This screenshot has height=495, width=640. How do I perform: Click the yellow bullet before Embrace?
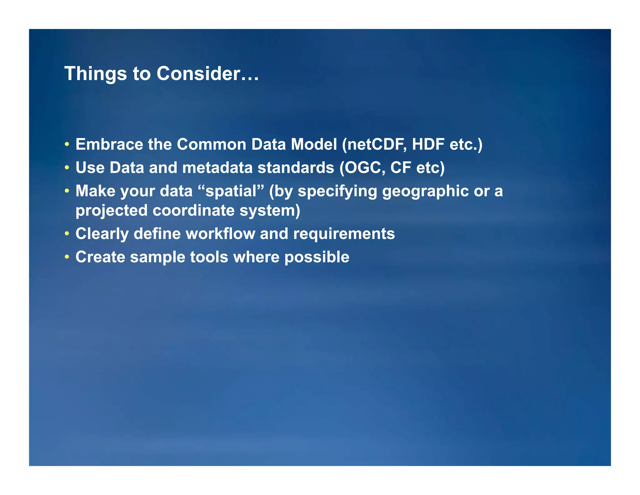pyautogui.click(x=67, y=145)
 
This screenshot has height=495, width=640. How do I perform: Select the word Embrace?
pyautogui.click(x=109, y=145)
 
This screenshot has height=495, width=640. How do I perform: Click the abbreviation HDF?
pyautogui.click(x=428, y=145)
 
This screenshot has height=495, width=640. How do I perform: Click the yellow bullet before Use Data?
pyautogui.click(x=67, y=168)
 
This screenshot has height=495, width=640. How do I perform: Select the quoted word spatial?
pyautogui.click(x=231, y=191)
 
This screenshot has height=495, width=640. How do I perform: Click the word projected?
pyautogui.click(x=112, y=211)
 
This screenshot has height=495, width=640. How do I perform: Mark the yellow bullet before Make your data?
pyautogui.click(x=67, y=191)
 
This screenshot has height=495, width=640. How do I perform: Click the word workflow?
pyautogui.click(x=220, y=234)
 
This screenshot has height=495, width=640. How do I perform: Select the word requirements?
pyautogui.click(x=344, y=234)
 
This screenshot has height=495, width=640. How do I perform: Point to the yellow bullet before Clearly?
pyautogui.click(x=67, y=234)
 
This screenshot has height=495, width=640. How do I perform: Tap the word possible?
pyautogui.click(x=317, y=257)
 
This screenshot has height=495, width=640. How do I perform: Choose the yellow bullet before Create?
pyautogui.click(x=67, y=257)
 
